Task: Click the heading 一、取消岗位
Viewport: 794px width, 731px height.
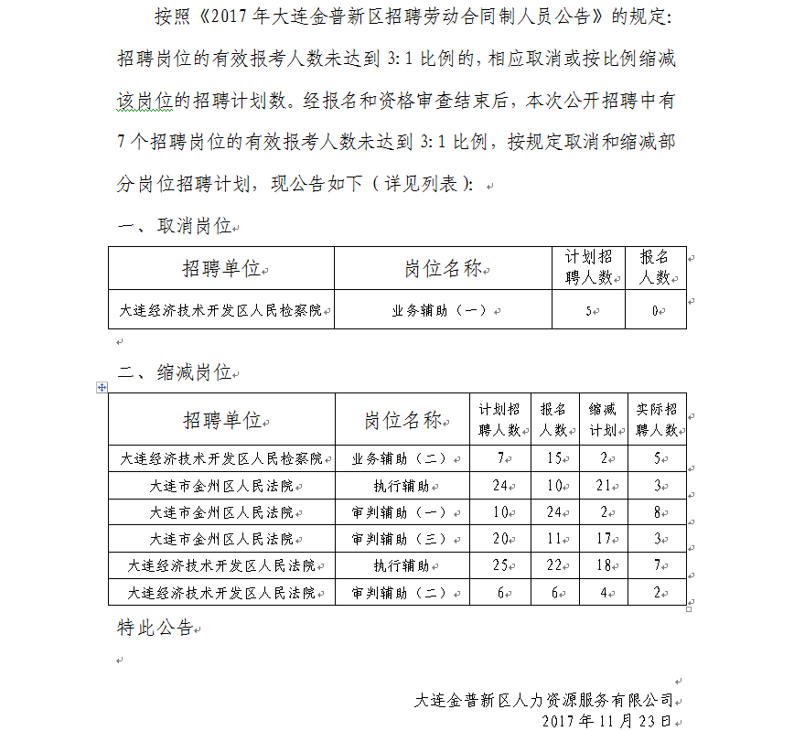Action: pos(176,226)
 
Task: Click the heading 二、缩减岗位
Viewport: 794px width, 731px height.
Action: pos(176,372)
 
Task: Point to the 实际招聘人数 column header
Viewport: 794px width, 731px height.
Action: pos(657,419)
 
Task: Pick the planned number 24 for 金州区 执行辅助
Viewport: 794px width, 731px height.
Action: pos(499,485)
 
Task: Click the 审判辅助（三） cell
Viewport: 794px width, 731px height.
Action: pos(399,539)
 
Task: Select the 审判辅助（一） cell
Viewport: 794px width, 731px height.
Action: pos(399,512)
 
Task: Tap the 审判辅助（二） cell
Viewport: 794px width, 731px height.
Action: pos(399,593)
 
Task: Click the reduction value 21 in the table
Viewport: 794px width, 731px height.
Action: pos(602,485)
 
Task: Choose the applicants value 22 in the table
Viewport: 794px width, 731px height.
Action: pos(552,565)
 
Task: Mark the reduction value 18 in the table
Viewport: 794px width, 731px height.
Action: pos(602,565)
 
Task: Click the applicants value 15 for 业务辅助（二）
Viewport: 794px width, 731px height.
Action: pos(552,458)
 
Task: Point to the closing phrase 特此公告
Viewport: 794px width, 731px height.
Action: pos(156,628)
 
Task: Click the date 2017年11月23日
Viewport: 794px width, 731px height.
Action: pos(606,721)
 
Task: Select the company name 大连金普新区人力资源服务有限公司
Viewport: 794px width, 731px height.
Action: pos(543,701)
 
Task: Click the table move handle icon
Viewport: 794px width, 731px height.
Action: pos(102,388)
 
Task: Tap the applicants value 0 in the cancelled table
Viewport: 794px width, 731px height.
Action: pos(655,311)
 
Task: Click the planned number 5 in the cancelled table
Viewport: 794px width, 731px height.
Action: pos(588,311)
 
